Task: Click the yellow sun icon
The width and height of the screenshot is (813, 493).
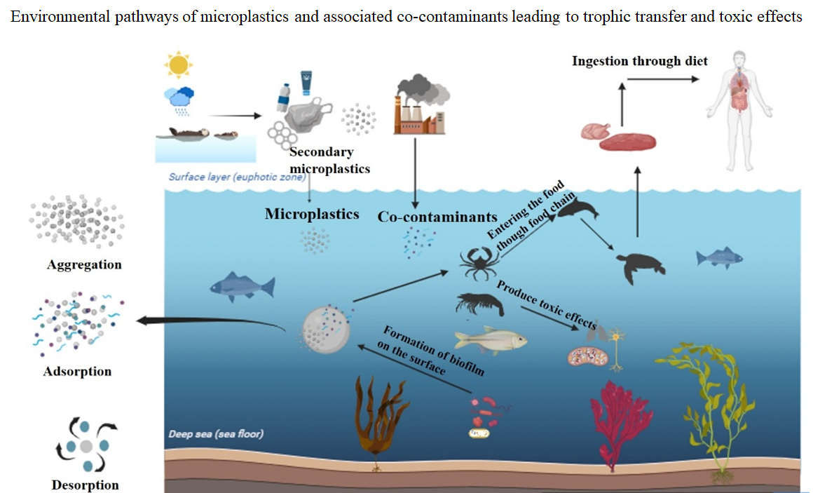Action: tap(178, 65)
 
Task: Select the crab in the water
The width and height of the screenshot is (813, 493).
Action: tap(479, 263)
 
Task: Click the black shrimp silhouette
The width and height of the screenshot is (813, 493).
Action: tap(479, 304)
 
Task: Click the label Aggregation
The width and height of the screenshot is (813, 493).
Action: tap(85, 264)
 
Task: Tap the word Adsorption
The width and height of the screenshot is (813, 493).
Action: tap(77, 372)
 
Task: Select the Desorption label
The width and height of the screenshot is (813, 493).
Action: tap(85, 485)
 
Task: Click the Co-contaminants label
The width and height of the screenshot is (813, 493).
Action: tap(437, 217)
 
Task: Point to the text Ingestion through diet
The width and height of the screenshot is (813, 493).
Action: tap(639, 61)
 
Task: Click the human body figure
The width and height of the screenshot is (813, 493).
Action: tap(739, 111)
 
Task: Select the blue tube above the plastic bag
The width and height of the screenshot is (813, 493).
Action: tap(306, 83)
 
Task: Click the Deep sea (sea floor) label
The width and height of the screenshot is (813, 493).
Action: tap(216, 434)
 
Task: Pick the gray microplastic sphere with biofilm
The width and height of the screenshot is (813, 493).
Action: tap(326, 330)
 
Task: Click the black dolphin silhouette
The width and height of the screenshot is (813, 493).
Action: tap(578, 209)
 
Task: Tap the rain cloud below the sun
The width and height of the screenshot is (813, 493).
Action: tap(179, 100)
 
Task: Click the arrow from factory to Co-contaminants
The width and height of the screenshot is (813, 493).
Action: tap(415, 173)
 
